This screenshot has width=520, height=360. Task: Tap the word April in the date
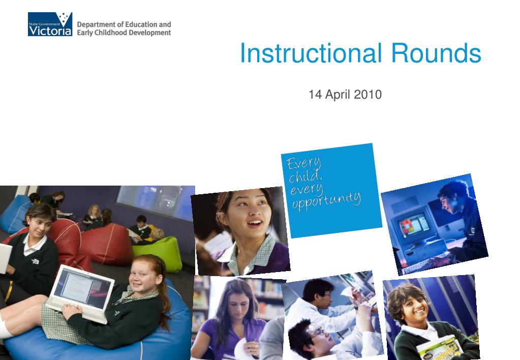pos(339,95)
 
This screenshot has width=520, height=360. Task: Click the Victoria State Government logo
pos(50,24)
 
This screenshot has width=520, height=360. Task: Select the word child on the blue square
pos(305,176)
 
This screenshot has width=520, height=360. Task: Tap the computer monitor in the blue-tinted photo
pos(413,226)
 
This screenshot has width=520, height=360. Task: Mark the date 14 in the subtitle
pos(315,95)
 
